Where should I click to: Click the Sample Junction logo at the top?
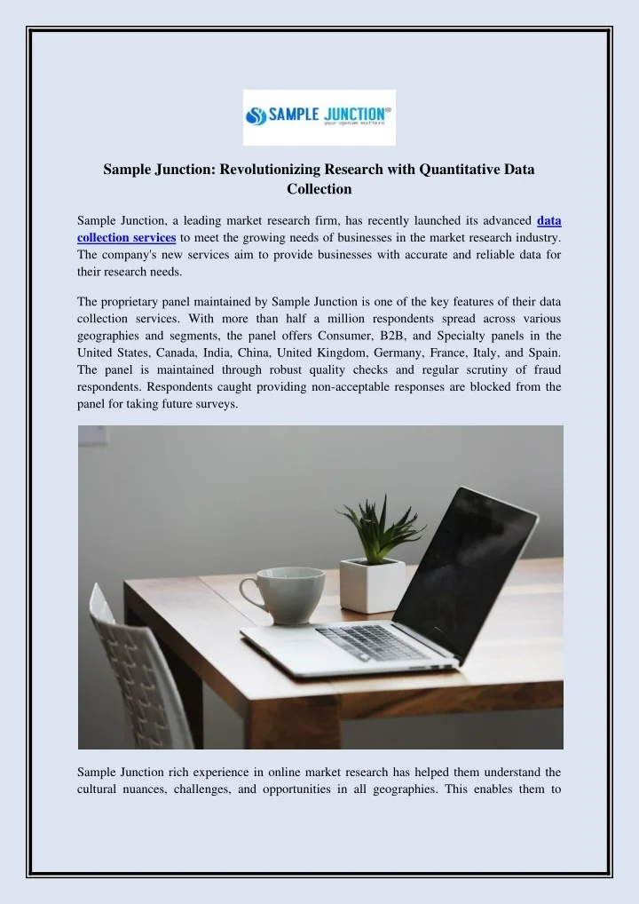(319, 117)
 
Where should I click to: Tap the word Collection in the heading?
(319, 188)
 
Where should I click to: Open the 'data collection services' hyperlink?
(126, 237)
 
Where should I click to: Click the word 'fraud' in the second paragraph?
(543, 369)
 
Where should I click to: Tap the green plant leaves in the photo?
(379, 527)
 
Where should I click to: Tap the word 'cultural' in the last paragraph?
(99, 789)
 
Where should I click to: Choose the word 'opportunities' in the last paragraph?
(298, 789)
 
